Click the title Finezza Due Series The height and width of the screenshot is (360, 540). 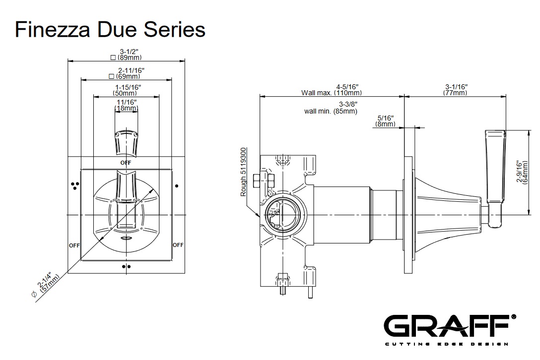coord(110,29)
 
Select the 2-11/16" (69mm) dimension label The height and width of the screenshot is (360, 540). coord(127,73)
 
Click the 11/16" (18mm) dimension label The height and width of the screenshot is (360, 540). coord(126,105)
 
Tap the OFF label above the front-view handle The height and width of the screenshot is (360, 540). coord(126,163)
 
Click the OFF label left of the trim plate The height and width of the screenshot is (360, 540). coord(74,245)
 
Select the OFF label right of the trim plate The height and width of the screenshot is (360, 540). coord(178,245)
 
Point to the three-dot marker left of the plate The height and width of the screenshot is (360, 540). coord(75,185)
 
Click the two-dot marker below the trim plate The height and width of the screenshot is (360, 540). coord(126,266)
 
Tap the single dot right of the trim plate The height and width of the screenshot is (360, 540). coord(177,186)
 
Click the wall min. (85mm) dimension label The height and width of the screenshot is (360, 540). coord(331,108)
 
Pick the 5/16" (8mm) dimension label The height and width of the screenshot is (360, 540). coord(385,121)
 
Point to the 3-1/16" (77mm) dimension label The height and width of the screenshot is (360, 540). coord(456,90)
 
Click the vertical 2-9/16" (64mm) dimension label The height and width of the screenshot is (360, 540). coord(522,172)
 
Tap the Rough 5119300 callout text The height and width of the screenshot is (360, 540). coord(244,172)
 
